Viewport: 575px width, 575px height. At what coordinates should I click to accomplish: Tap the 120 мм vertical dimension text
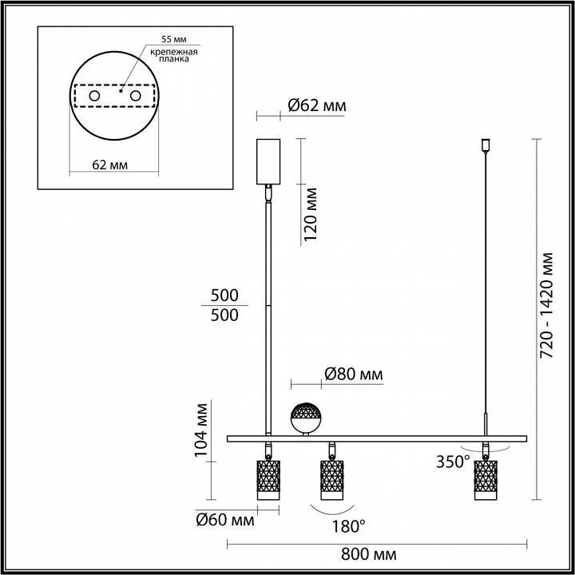point(311,214)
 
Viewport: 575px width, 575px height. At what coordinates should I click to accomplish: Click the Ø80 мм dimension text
point(353,374)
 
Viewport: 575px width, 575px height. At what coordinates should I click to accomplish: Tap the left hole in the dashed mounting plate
point(94,96)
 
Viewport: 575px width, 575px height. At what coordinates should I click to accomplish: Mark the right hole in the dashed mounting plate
point(135,96)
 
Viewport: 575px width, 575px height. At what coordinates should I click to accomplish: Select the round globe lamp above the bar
point(306,417)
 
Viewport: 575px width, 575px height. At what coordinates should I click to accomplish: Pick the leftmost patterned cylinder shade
point(266,478)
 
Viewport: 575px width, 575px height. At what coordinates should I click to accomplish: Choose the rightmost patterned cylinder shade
point(485,478)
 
